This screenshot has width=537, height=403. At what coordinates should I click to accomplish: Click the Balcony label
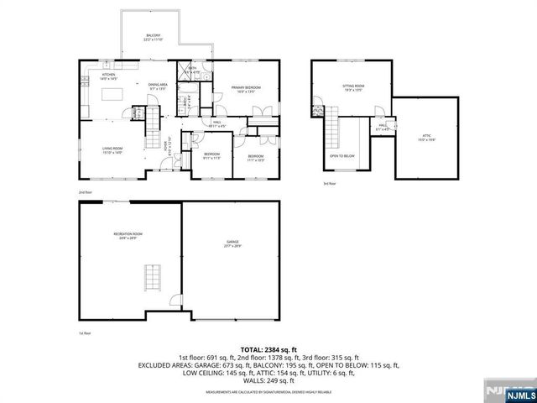pos(153,37)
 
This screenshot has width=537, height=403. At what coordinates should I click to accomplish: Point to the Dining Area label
pos(158,86)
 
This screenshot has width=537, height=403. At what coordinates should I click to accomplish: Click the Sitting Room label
pos(353,87)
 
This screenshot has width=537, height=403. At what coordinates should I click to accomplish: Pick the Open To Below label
pos(341,156)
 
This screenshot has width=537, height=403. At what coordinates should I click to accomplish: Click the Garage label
pos(232,243)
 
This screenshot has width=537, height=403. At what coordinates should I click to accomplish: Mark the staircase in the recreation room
pos(151,275)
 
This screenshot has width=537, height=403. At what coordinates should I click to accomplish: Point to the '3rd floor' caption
pos(328,183)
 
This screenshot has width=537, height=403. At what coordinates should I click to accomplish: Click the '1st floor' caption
pos(85,333)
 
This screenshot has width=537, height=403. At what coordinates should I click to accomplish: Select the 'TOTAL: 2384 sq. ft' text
pos(268,349)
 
